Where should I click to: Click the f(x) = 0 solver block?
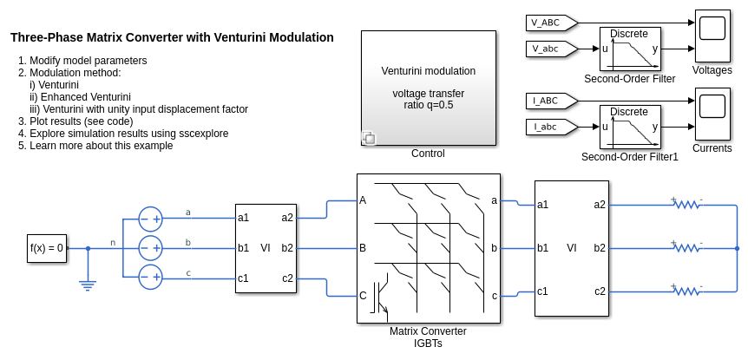(x=47, y=248)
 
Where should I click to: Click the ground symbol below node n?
(x=88, y=283)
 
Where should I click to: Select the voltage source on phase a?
(x=151, y=219)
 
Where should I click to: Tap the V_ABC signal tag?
(x=547, y=22)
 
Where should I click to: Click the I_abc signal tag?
(x=547, y=128)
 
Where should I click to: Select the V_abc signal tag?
(x=547, y=49)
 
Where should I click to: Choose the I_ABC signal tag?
(x=547, y=101)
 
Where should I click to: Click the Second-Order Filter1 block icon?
(x=630, y=128)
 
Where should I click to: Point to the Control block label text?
(x=428, y=154)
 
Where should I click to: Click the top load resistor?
(x=687, y=205)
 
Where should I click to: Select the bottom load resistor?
(x=687, y=291)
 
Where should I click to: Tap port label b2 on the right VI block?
(x=600, y=248)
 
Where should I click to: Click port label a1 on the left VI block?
(x=244, y=218)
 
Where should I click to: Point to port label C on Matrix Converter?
(x=363, y=296)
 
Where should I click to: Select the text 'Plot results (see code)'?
(x=82, y=121)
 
